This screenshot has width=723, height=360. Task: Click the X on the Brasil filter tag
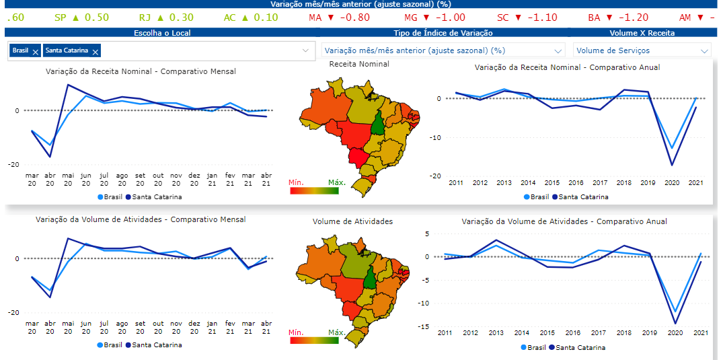pyautogui.click(x=35, y=51)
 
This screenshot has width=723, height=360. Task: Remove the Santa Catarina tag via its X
pyautogui.click(x=96, y=51)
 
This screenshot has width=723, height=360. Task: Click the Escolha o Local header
pyautogui.click(x=162, y=32)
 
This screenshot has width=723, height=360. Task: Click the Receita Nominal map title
pyautogui.click(x=359, y=64)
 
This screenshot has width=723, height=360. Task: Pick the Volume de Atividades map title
pyautogui.click(x=352, y=221)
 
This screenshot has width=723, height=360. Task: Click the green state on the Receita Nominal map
pyautogui.click(x=379, y=124)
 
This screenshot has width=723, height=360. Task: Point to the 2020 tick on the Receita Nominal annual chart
pyautogui.click(x=671, y=182)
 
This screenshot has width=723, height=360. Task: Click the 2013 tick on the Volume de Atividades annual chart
pyautogui.click(x=496, y=332)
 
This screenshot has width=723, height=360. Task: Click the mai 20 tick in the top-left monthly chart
pyautogui.click(x=68, y=179)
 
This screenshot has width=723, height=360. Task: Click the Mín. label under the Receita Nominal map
pyautogui.click(x=298, y=182)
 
